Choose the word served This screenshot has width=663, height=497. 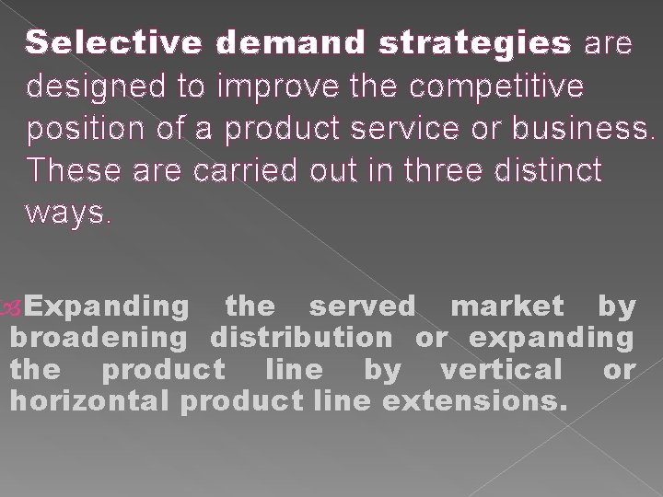pos(362,304)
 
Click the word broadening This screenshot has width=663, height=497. pos(99,337)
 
